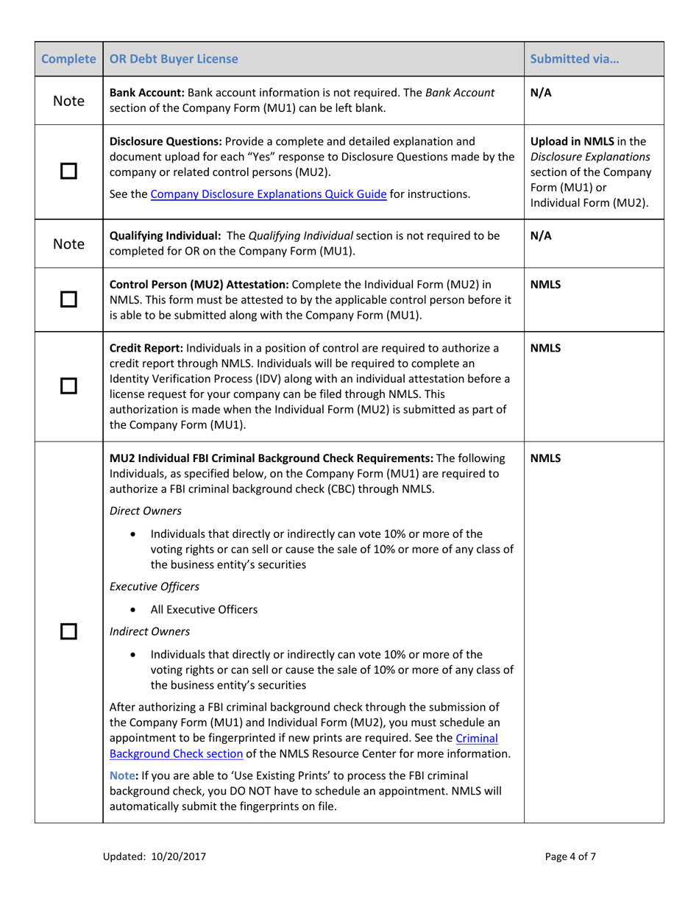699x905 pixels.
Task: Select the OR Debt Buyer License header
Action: click(x=174, y=59)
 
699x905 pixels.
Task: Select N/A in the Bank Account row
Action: click(x=541, y=93)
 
